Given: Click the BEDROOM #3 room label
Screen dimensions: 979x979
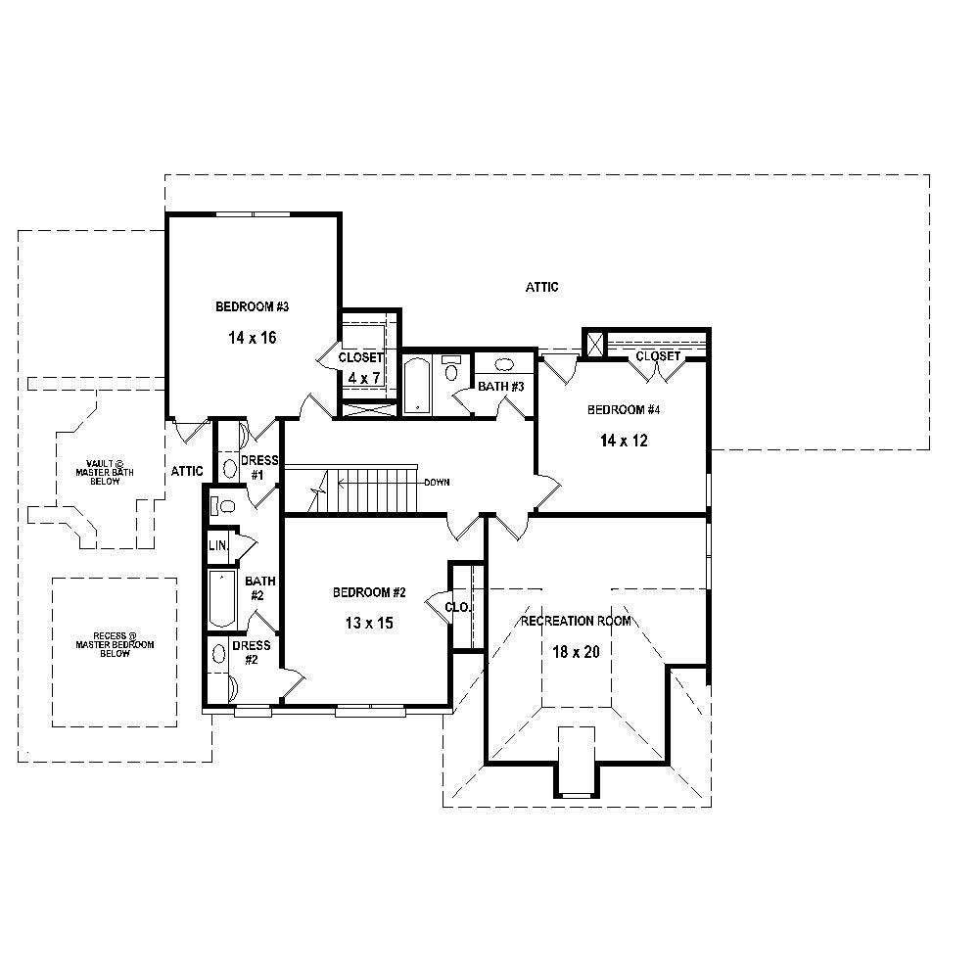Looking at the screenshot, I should pyautogui.click(x=252, y=306).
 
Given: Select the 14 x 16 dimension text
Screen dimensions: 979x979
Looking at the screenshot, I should pyautogui.click(x=252, y=338).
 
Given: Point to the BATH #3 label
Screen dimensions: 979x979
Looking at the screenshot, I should pyautogui.click(x=501, y=387).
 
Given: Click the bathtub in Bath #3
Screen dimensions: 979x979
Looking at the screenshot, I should pyautogui.click(x=418, y=384).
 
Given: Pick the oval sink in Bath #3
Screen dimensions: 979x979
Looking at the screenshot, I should pyautogui.click(x=504, y=364).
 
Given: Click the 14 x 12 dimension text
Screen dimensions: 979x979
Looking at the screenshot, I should pyautogui.click(x=624, y=441).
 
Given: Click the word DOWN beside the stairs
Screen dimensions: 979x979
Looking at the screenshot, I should pyautogui.click(x=438, y=483).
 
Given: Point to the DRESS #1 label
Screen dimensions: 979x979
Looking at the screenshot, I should pyautogui.click(x=259, y=467).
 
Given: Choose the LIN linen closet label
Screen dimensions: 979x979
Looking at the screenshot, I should pyautogui.click(x=217, y=545).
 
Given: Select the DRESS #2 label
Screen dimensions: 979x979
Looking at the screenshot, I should pyautogui.click(x=252, y=652).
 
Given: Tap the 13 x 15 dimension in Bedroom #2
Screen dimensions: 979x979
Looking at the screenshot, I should pyautogui.click(x=369, y=623).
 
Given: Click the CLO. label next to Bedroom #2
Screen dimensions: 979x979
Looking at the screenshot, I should pyautogui.click(x=457, y=607).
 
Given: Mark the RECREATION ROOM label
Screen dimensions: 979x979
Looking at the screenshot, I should pyautogui.click(x=576, y=621).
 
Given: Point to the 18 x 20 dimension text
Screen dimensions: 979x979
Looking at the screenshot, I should pyautogui.click(x=576, y=652).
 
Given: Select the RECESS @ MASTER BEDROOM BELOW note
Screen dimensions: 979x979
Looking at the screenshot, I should pyautogui.click(x=115, y=644).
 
